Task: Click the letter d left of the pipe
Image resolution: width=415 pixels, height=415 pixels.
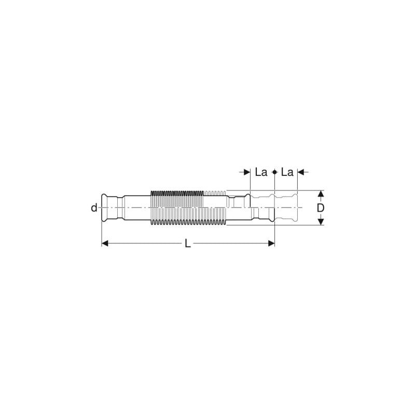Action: (94, 208)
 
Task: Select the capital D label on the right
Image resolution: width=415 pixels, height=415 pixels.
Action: (321, 208)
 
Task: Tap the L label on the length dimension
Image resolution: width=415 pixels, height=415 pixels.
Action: (188, 243)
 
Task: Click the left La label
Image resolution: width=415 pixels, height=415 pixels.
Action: (261, 172)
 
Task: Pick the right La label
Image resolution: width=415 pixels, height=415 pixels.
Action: (287, 172)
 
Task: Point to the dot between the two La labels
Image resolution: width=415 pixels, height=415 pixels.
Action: (274, 172)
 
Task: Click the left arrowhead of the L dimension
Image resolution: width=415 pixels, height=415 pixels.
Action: (105, 243)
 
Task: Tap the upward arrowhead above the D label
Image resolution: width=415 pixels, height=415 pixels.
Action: (321, 195)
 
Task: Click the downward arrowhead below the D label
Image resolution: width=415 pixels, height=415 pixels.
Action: (321, 222)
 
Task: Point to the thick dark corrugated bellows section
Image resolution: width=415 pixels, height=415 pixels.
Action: (176, 208)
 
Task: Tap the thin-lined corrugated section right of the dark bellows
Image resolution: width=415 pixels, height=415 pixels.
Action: (215, 208)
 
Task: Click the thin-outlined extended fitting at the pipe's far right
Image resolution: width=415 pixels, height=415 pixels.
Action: (285, 208)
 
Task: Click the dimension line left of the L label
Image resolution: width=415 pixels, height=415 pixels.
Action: (145, 243)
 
